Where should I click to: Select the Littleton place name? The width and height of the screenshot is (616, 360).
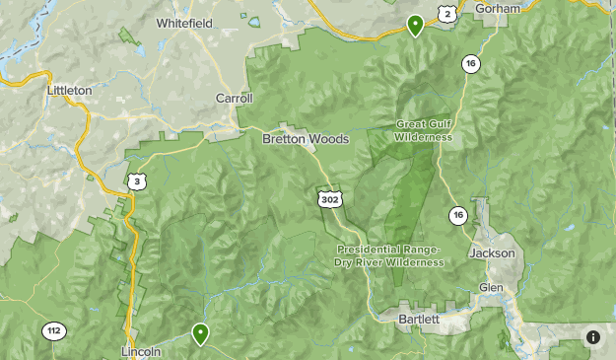coord(69,91)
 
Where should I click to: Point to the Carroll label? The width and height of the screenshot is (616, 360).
coord(235,99)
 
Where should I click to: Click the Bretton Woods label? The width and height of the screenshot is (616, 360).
coord(306,140)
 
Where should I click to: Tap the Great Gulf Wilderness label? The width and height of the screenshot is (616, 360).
coord(424,131)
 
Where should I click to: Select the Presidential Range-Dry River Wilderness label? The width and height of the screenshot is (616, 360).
coord(389,256)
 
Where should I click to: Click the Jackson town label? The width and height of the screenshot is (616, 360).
coord(493,253)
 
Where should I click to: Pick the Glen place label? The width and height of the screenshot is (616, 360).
coord(491,287)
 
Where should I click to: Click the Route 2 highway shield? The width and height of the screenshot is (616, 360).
coord(447,13)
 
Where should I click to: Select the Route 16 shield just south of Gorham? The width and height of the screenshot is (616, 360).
coord(472,64)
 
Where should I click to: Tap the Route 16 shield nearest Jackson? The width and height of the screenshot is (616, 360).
coord(457,215)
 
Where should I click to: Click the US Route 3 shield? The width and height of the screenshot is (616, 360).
coord(135,181)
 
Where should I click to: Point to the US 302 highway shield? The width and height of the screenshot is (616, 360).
coord(328,199)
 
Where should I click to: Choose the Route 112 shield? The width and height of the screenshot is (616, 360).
coord(52,331)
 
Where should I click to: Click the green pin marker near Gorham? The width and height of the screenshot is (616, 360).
coord(416,25)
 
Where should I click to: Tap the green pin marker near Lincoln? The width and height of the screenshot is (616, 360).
coord(200,333)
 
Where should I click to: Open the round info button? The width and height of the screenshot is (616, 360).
coord(593,337)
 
